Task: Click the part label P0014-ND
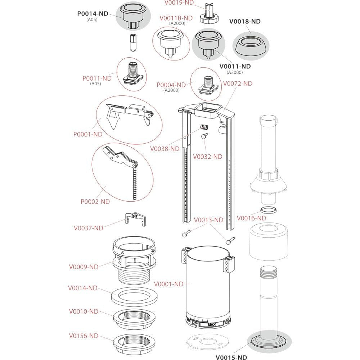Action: coord(93,14)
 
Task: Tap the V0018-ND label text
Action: coord(245,21)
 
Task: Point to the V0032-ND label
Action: coord(208,157)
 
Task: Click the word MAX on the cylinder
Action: coord(212,324)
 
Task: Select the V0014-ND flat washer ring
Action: coord(134,296)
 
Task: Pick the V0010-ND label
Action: coord(84,311)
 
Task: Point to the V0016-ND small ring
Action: coord(269,210)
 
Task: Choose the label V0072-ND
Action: coord(238,84)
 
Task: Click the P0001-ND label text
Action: coord(88,134)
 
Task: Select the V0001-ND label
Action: coord(168,284)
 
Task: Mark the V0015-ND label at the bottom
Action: coord(231,357)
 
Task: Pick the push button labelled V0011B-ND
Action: coord(170,43)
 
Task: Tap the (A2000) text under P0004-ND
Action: coord(171,90)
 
